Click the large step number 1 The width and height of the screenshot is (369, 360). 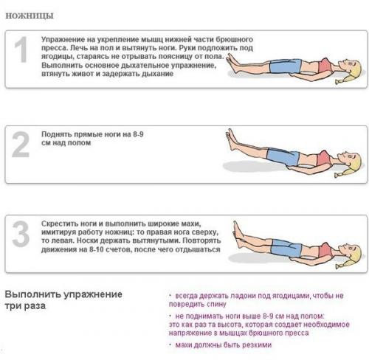tap(22, 50)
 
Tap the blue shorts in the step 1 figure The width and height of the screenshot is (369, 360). tap(284, 69)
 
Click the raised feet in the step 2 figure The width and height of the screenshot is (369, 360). tap(231, 137)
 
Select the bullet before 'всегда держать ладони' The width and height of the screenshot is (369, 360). tap(171, 295)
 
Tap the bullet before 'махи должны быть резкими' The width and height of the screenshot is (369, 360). tap(171, 345)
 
